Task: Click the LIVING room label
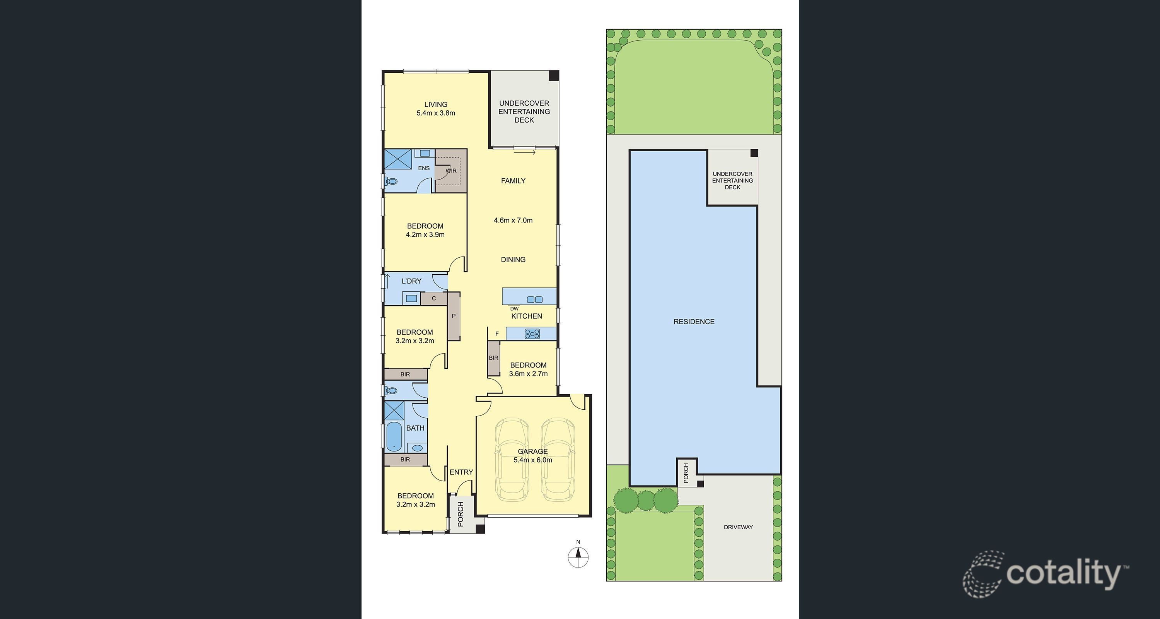pos(435,104)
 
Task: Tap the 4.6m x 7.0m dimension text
pos(513,220)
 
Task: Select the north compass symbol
pos(578,557)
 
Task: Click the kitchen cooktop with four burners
pos(532,334)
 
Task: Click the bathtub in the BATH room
pos(394,436)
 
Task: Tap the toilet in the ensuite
pos(391,181)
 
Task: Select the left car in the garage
pos(512,460)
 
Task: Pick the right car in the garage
pos(558,460)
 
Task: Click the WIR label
pos(451,171)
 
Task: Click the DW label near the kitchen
pos(514,309)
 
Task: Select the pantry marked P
pos(454,316)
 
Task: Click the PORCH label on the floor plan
pos(461,514)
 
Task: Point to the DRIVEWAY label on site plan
pos(738,527)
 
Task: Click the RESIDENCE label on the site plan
pos(694,321)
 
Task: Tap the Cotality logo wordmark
pos(1063,573)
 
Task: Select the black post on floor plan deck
pos(553,76)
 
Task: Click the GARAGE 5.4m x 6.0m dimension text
pos(533,460)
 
